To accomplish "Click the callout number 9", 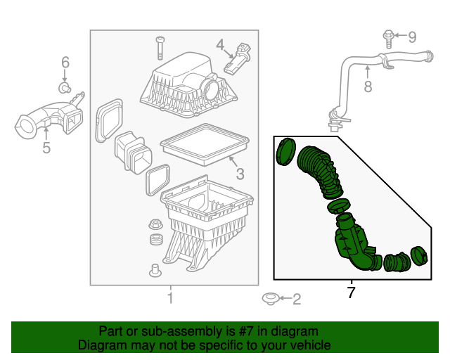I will (x=412, y=37).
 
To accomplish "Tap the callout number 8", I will (x=367, y=86).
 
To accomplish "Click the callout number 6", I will (x=65, y=63).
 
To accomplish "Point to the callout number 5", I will (x=46, y=148).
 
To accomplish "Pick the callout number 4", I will (x=220, y=45).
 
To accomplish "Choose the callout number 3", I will (x=240, y=174).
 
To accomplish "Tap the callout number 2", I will (x=296, y=300).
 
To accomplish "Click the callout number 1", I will (x=169, y=300).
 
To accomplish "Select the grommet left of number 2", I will (x=269, y=300).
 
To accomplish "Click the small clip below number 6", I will (x=63, y=88).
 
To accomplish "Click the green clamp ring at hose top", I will (x=284, y=151).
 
